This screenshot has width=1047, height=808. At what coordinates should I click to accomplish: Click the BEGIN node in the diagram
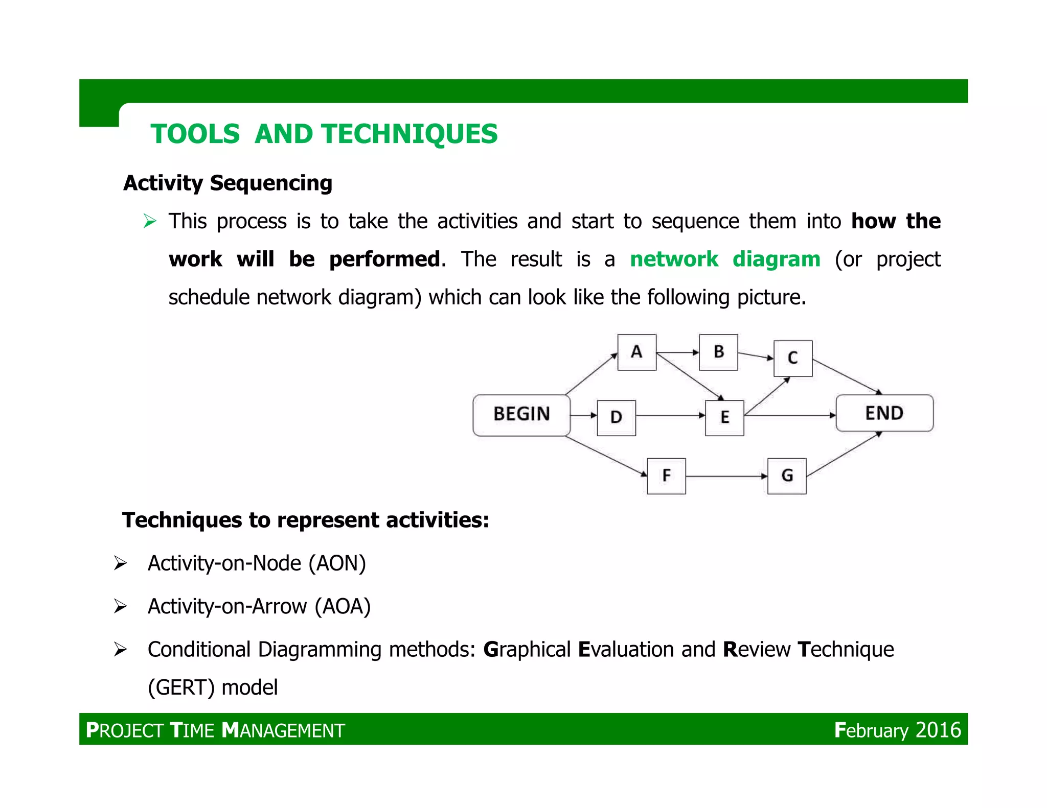(521, 415)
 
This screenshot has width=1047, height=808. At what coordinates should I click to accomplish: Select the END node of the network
(884, 413)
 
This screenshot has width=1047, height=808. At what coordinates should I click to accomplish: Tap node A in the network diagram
(636, 352)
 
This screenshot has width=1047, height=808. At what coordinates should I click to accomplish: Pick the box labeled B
(718, 352)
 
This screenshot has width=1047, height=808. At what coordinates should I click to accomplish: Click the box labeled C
(793, 358)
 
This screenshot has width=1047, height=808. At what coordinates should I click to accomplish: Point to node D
(616, 418)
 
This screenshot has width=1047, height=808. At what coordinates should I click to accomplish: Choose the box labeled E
(724, 418)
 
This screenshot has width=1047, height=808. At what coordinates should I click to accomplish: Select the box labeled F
(666, 476)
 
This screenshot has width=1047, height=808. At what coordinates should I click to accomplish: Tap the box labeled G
(787, 476)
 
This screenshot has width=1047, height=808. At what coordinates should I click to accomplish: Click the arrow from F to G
(726, 476)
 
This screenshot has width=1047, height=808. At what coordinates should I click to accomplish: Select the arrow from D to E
(670, 416)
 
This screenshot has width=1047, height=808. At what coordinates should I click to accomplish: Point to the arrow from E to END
(790, 415)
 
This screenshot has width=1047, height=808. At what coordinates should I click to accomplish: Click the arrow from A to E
(690, 377)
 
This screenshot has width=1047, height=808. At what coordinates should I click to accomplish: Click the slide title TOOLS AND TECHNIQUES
(324, 134)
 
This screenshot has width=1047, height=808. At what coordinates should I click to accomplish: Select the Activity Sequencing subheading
(228, 183)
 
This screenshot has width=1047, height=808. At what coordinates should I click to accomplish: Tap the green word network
(674, 259)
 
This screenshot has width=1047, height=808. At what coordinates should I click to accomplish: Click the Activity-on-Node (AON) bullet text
(257, 563)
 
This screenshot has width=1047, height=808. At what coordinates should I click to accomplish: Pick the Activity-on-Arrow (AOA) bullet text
(259, 606)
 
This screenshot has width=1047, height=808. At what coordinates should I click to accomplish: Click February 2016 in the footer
(897, 730)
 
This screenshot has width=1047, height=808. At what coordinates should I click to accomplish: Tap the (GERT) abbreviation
(181, 687)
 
